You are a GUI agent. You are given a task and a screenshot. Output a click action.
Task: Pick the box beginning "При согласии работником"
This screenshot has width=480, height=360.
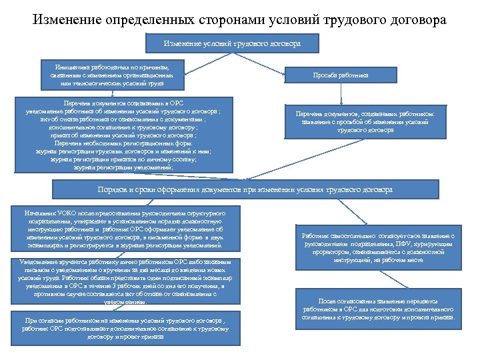125,329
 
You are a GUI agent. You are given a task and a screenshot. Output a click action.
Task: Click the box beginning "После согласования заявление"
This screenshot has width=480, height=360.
377,311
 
